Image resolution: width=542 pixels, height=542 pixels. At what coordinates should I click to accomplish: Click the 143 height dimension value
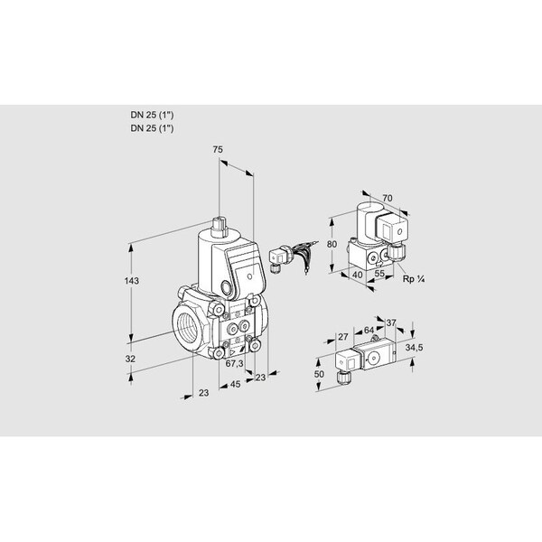pyautogui.click(x=132, y=281)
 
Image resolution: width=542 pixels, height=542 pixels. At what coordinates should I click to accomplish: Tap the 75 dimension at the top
pyautogui.click(x=218, y=150)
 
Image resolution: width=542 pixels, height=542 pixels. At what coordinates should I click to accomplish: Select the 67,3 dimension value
pyautogui.click(x=234, y=363)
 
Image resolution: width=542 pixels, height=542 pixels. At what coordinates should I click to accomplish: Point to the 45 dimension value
pyautogui.click(x=235, y=384)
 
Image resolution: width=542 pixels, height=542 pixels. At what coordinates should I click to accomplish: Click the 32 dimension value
pyautogui.click(x=130, y=359)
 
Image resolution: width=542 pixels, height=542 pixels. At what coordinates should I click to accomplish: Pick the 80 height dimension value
pyautogui.click(x=332, y=244)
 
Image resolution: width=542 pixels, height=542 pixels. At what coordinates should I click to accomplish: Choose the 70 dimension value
pyautogui.click(x=388, y=198)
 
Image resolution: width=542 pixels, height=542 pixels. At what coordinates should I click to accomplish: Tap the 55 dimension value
pyautogui.click(x=379, y=274)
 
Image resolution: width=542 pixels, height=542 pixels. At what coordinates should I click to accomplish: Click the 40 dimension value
pyautogui.click(x=358, y=275)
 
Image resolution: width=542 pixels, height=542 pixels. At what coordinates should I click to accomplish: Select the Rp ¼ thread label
pyautogui.click(x=414, y=279)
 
